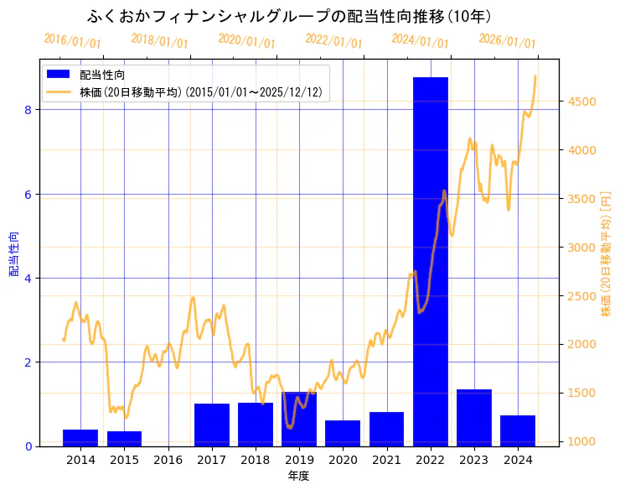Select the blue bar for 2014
click(x=80, y=438)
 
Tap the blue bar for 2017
click(x=212, y=425)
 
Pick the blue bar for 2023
click(x=474, y=418)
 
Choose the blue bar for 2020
click(x=343, y=434)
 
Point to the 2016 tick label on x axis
click(x=168, y=460)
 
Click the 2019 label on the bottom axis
click(x=299, y=460)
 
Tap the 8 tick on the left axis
click(x=28, y=110)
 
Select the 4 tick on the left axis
click(x=28, y=279)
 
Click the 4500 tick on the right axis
click(x=580, y=102)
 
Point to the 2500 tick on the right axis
click(x=580, y=296)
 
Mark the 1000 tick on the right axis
click(x=580, y=441)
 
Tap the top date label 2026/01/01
click(x=507, y=41)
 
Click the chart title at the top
click(x=289, y=17)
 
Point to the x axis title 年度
click(x=299, y=476)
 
